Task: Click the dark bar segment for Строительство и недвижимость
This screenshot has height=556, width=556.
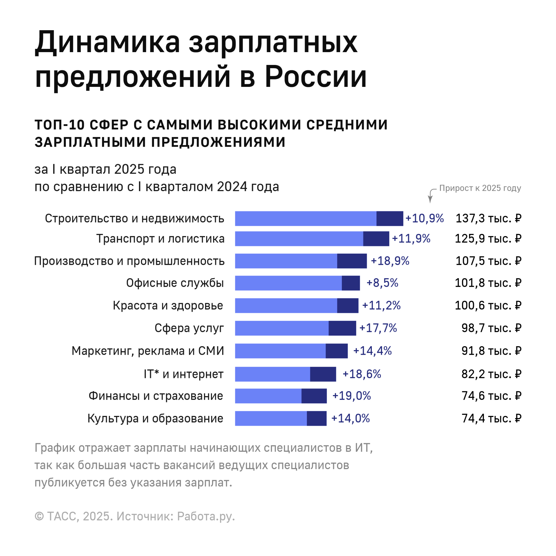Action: (x=390, y=218)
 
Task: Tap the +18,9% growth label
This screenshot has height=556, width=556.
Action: (x=390, y=261)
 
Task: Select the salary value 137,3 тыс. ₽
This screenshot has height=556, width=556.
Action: (x=488, y=218)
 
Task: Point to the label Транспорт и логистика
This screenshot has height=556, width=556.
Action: (x=160, y=239)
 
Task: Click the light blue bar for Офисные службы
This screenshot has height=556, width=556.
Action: (x=288, y=283)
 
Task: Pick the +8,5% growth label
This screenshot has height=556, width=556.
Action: (x=382, y=283)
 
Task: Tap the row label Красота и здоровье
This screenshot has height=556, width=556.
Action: (x=168, y=306)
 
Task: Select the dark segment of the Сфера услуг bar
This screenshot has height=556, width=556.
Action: (x=342, y=328)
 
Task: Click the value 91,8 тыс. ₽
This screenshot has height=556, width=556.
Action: (x=491, y=351)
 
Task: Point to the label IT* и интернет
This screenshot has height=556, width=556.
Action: (x=184, y=374)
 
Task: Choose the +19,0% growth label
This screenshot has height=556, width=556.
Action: (x=352, y=396)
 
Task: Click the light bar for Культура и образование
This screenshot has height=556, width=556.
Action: (x=271, y=418)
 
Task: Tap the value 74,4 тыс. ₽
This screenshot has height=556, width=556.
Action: (x=491, y=418)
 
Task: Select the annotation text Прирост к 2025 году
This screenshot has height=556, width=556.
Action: (x=480, y=188)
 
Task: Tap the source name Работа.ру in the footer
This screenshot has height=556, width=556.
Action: (x=206, y=517)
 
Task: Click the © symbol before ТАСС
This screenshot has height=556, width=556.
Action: (x=39, y=517)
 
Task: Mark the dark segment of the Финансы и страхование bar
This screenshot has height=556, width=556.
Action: (x=314, y=396)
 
